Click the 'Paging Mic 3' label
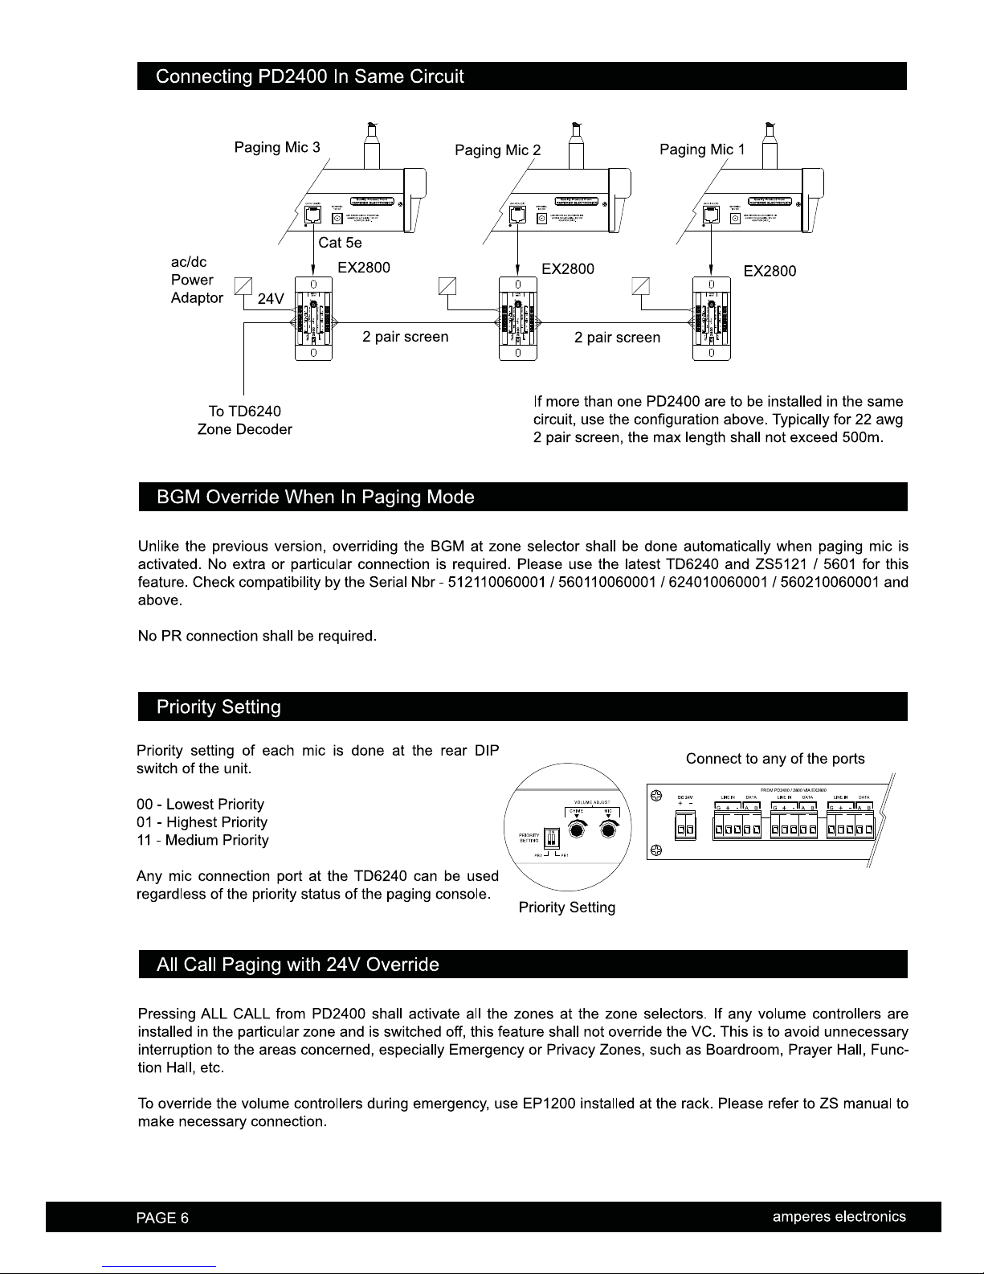pyautogui.click(x=276, y=147)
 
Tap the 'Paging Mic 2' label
pyautogui.click(x=497, y=150)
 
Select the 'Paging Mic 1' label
pyautogui.click(x=702, y=150)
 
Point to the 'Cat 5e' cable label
pyautogui.click(x=341, y=243)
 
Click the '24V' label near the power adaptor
pyautogui.click(x=271, y=300)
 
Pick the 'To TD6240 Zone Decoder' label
pyautogui.click(x=244, y=420)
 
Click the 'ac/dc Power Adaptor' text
pyautogui.click(x=197, y=280)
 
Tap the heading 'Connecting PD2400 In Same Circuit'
pyautogui.click(x=310, y=77)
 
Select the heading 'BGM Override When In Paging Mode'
pyautogui.click(x=316, y=497)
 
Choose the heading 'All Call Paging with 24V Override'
pyautogui.click(x=298, y=965)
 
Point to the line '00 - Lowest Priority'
pyautogui.click(x=200, y=805)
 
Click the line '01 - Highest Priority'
pyautogui.click(x=202, y=822)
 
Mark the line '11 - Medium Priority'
pyautogui.click(x=202, y=840)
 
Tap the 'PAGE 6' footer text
pyautogui.click(x=162, y=1217)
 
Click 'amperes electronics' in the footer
pyautogui.click(x=839, y=1216)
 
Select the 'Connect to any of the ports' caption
pyautogui.click(x=775, y=759)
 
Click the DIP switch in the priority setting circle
pyautogui.click(x=551, y=838)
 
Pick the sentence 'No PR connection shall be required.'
pyautogui.click(x=257, y=636)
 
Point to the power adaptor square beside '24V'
pyautogui.click(x=243, y=286)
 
